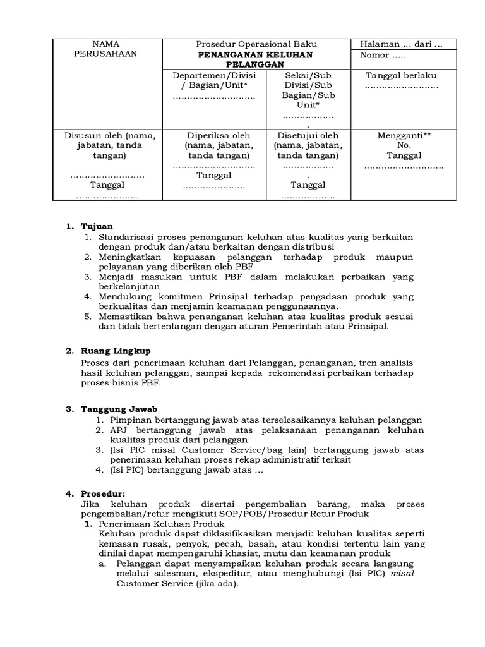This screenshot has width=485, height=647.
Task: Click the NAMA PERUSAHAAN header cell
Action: [x=105, y=49]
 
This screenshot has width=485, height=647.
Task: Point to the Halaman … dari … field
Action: [x=400, y=44]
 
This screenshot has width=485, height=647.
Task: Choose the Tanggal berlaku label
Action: [x=401, y=75]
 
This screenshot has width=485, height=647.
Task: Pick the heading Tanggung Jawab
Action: [x=119, y=409]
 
